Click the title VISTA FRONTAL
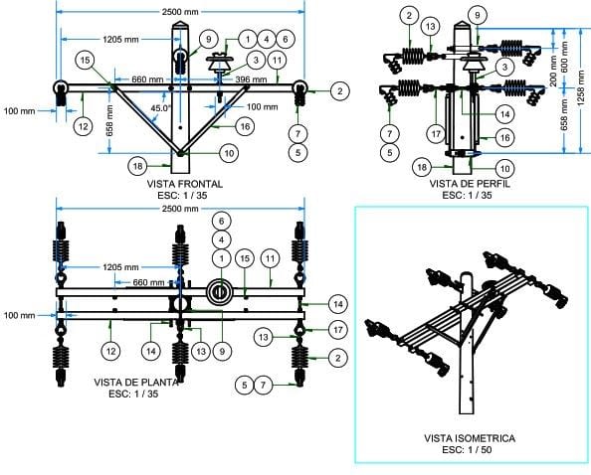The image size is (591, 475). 185,184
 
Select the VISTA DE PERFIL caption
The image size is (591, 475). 470,184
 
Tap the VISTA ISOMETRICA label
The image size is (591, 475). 470,438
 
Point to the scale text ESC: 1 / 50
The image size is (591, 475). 467,450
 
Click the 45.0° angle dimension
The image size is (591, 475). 161,108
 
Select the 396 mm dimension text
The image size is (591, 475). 251,79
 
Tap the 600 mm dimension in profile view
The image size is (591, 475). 564,58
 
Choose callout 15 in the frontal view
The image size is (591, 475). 86,61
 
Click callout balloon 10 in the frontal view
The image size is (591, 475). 229,153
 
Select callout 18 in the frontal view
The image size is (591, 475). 137,166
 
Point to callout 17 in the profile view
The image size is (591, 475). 436,134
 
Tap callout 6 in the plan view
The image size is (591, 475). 222,221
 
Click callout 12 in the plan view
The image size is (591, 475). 110,351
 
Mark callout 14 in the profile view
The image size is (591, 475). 505,114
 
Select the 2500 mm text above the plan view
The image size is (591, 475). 180,208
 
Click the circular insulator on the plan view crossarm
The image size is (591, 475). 221,292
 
